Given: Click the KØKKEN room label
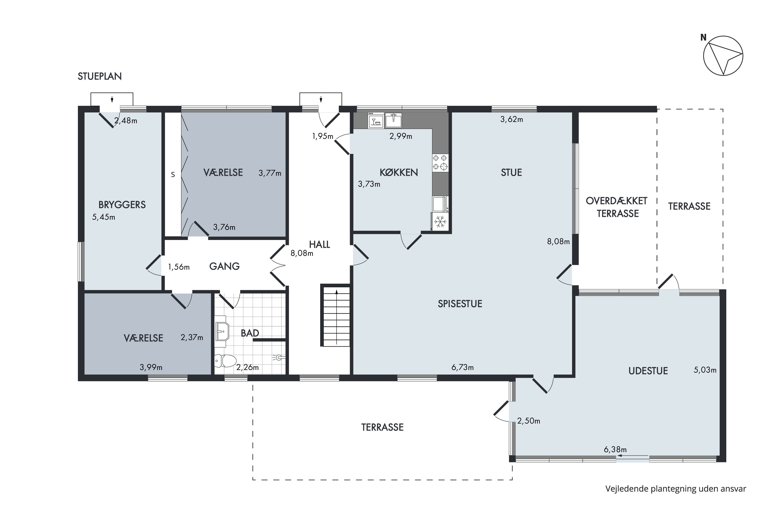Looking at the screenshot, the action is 399,172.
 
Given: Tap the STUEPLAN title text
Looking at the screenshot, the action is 100,76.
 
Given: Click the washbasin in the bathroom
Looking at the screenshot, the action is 222,331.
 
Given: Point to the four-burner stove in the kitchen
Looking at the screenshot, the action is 440,162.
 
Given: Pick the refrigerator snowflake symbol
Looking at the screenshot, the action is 440,222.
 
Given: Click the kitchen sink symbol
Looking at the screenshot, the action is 393,120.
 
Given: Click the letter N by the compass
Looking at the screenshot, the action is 703,38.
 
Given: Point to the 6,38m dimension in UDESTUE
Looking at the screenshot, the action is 615,449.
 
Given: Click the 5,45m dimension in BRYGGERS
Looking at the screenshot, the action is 104,217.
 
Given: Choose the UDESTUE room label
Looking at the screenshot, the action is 648,371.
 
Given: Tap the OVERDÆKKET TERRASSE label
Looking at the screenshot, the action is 617,207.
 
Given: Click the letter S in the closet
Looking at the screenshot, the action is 173,174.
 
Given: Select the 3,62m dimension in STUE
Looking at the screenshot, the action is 512,119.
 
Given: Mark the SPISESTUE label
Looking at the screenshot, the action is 460,304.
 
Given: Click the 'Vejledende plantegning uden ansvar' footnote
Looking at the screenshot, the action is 676,489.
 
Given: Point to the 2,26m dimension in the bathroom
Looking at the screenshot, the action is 247,367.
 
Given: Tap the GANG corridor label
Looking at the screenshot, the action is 225,266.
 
